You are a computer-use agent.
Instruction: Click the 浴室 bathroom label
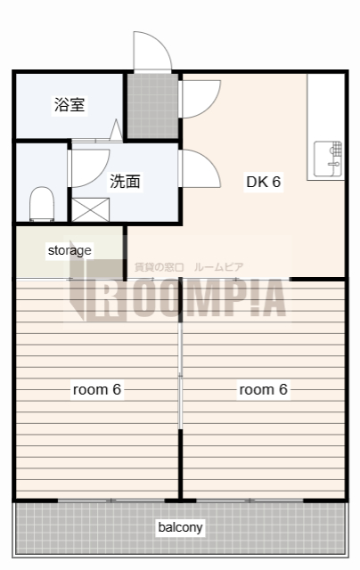[x=70, y=105]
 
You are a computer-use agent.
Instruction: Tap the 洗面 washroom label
[x=125, y=182]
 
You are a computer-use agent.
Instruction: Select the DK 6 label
[x=264, y=182]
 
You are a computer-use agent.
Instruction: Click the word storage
[x=70, y=250]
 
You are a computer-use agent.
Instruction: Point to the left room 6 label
[x=97, y=389]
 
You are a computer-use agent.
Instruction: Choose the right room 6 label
[x=263, y=389]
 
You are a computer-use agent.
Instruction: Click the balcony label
[x=180, y=527]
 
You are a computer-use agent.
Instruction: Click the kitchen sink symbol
[x=328, y=159]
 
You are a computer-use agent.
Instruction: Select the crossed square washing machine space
[x=90, y=210]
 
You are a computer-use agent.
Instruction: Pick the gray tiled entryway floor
[x=151, y=106]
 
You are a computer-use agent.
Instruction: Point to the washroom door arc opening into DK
[x=201, y=167]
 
